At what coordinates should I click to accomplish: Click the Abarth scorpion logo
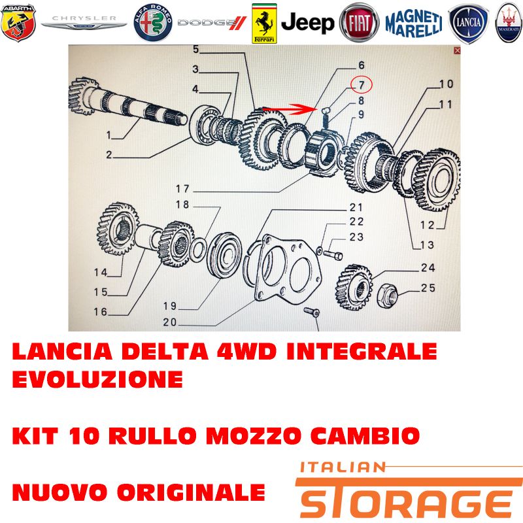coord(18,23)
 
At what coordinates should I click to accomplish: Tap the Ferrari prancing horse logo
coord(264,24)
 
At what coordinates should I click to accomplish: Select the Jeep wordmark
coord(307,23)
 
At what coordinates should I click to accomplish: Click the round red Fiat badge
coord(359,23)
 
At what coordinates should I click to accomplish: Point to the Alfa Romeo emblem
coord(153,23)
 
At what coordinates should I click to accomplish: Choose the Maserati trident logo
coord(509,23)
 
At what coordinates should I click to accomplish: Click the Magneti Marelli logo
coord(414,24)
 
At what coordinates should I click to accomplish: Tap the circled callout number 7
coord(362,85)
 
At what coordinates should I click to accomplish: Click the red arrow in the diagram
coord(289,109)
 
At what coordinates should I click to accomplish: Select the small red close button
coord(457,50)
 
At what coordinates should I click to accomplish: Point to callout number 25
coord(428,288)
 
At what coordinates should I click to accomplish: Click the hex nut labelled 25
coord(387,295)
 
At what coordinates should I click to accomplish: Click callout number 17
coord(182,189)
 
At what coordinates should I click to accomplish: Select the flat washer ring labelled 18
coord(197,250)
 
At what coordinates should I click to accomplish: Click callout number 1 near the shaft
coord(109,135)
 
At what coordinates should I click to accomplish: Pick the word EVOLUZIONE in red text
coord(97,379)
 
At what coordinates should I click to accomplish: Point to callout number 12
coord(428,225)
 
